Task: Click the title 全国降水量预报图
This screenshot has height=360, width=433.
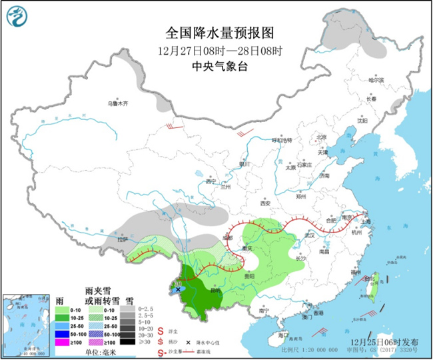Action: point(220,33)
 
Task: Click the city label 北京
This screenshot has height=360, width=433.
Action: point(322,137)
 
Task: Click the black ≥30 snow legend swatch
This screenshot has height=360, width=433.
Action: point(126,341)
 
